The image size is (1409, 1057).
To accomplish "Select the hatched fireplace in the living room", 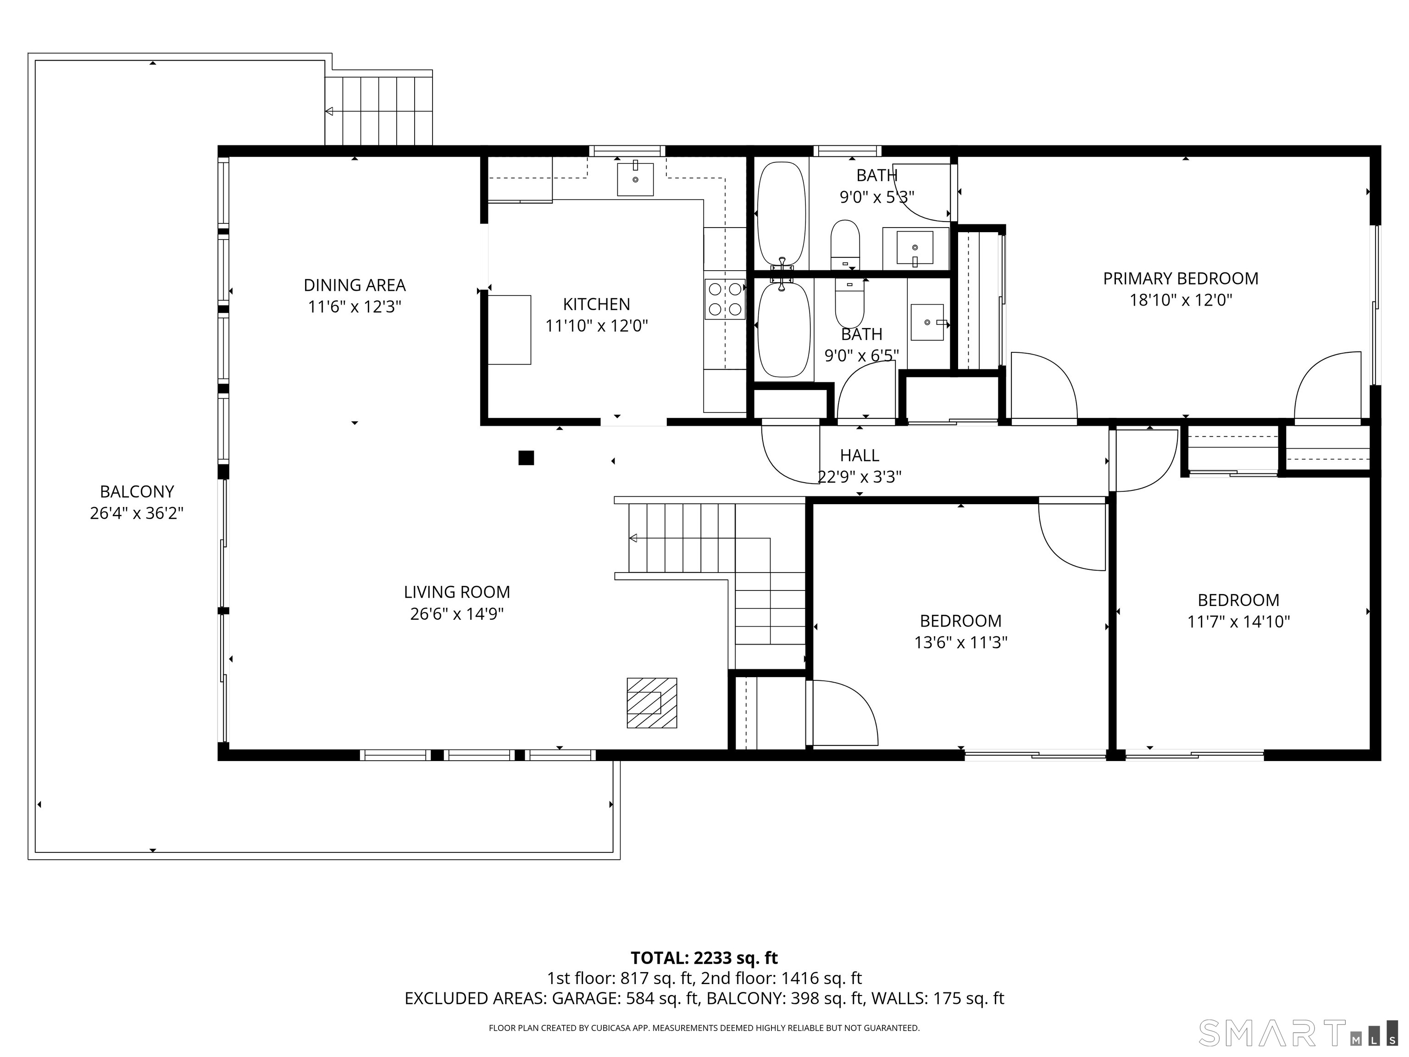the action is pos(652,703).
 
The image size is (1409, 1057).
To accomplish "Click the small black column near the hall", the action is pos(526,457).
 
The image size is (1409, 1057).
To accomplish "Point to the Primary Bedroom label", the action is pos(1180,278).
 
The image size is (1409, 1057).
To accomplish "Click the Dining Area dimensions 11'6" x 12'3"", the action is pos(355,307).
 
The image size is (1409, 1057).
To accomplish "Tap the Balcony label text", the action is pos(137,492).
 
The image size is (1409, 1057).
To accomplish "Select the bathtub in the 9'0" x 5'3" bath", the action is pos(781,215).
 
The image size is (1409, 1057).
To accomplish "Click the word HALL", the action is pos(859,456).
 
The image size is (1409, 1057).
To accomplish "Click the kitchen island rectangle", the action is pos(510,330).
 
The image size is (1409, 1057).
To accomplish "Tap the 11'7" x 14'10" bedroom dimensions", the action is pos(1238,622).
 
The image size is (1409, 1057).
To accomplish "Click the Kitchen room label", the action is pos(596,305).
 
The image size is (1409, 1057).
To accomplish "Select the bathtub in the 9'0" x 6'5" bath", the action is pos(784,329).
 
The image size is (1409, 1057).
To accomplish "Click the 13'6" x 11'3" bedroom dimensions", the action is pos(960,643).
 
